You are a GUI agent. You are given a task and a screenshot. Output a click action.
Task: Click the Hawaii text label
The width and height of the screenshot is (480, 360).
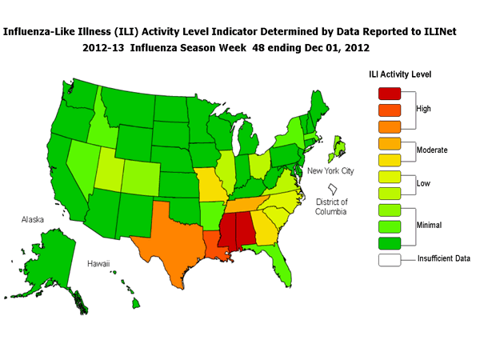(98, 263)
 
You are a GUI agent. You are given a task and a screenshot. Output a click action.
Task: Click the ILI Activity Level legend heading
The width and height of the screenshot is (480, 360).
(400, 74)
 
